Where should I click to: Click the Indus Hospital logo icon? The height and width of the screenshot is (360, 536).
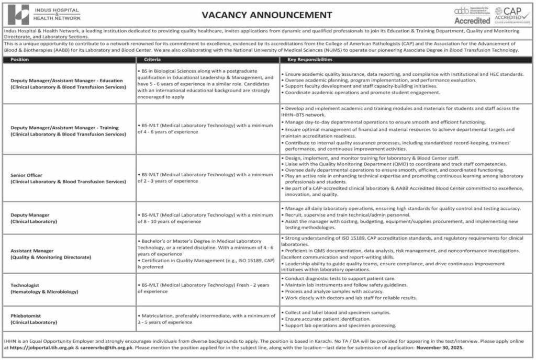(19, 14)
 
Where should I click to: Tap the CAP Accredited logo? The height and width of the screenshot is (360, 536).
(512, 14)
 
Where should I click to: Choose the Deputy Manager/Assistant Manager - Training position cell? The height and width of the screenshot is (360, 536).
(68, 131)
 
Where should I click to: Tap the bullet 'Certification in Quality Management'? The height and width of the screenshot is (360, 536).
(207, 263)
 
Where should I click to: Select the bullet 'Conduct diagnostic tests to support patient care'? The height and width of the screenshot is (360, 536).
(340, 278)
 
